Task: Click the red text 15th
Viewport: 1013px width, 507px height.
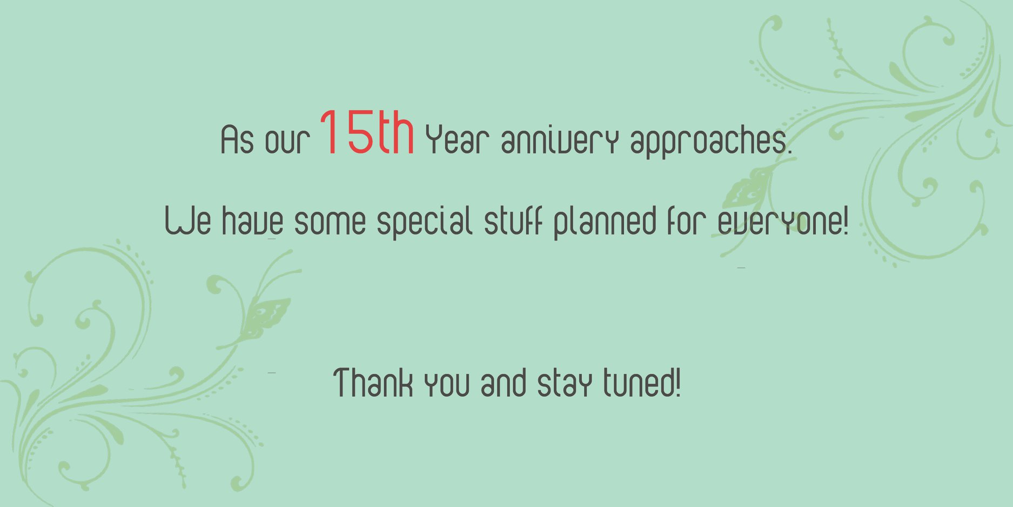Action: pyautogui.click(x=367, y=132)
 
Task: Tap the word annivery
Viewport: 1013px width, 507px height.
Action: pyautogui.click(x=559, y=141)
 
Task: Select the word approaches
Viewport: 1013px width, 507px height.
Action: pyautogui.click(x=711, y=142)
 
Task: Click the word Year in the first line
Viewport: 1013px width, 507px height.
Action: pyautogui.click(x=457, y=139)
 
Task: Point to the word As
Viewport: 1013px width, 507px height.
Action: pyautogui.click(x=237, y=140)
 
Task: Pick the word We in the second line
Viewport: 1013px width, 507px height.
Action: pyautogui.click(x=187, y=221)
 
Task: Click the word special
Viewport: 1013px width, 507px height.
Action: pyautogui.click(x=425, y=222)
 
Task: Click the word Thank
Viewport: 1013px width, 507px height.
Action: pyautogui.click(x=373, y=383)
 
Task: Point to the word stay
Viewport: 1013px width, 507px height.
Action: pyautogui.click(x=564, y=384)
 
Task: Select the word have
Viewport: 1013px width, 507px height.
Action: pyautogui.click(x=252, y=221)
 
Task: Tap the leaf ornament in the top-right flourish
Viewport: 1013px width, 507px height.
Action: pyautogui.click(x=748, y=186)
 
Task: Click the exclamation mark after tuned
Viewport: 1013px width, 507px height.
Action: pyautogui.click(x=678, y=382)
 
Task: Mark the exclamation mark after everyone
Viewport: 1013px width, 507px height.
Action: pyautogui.click(x=846, y=221)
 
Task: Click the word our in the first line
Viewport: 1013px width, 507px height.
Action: pyautogui.click(x=287, y=142)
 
